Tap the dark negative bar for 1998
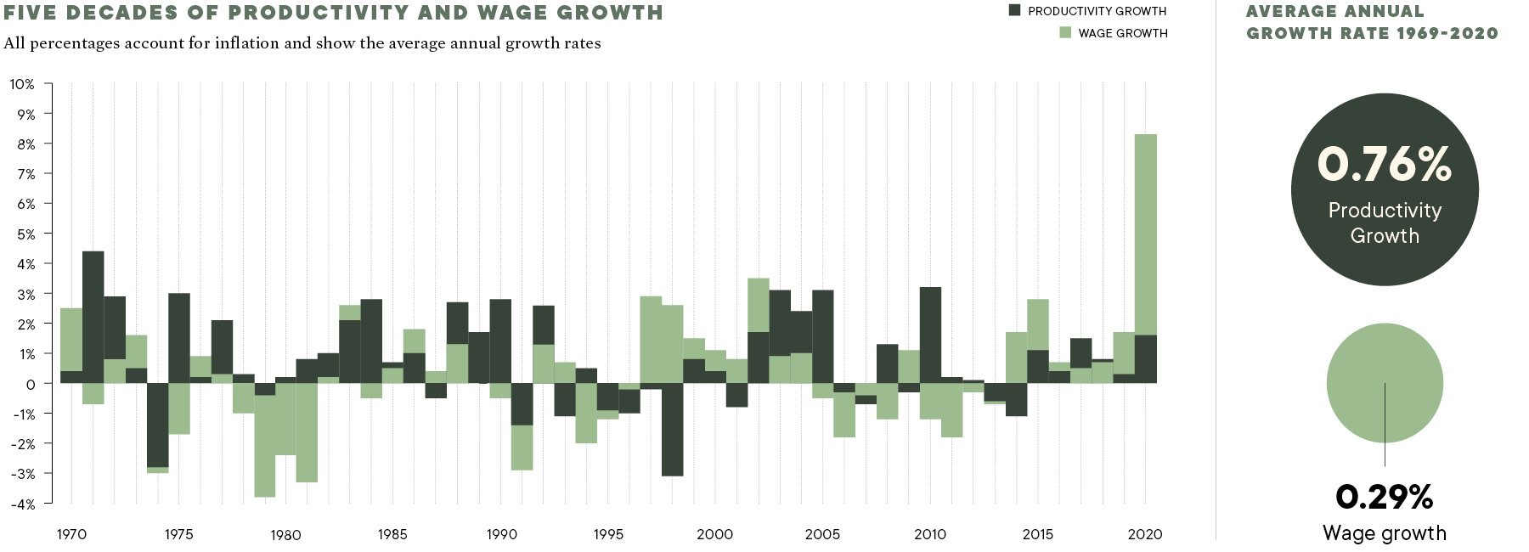(x=672, y=430)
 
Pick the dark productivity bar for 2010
(x=930, y=335)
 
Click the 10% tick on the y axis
(x=23, y=84)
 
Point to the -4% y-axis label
(x=23, y=504)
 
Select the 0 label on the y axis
(x=31, y=384)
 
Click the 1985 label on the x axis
(x=392, y=534)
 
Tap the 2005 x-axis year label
(x=822, y=534)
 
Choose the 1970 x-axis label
(x=71, y=534)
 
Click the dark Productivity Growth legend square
(x=1014, y=10)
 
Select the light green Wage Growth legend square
(x=1065, y=32)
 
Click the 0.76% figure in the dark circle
(x=1384, y=164)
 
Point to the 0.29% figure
(x=1384, y=497)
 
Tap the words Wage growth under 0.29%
(x=1384, y=533)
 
